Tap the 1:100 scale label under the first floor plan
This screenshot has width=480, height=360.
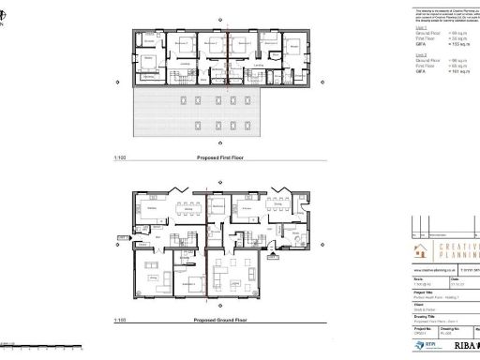coord(119,158)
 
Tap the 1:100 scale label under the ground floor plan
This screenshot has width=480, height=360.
coord(119,322)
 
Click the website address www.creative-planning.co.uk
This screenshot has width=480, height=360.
coord(429,269)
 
